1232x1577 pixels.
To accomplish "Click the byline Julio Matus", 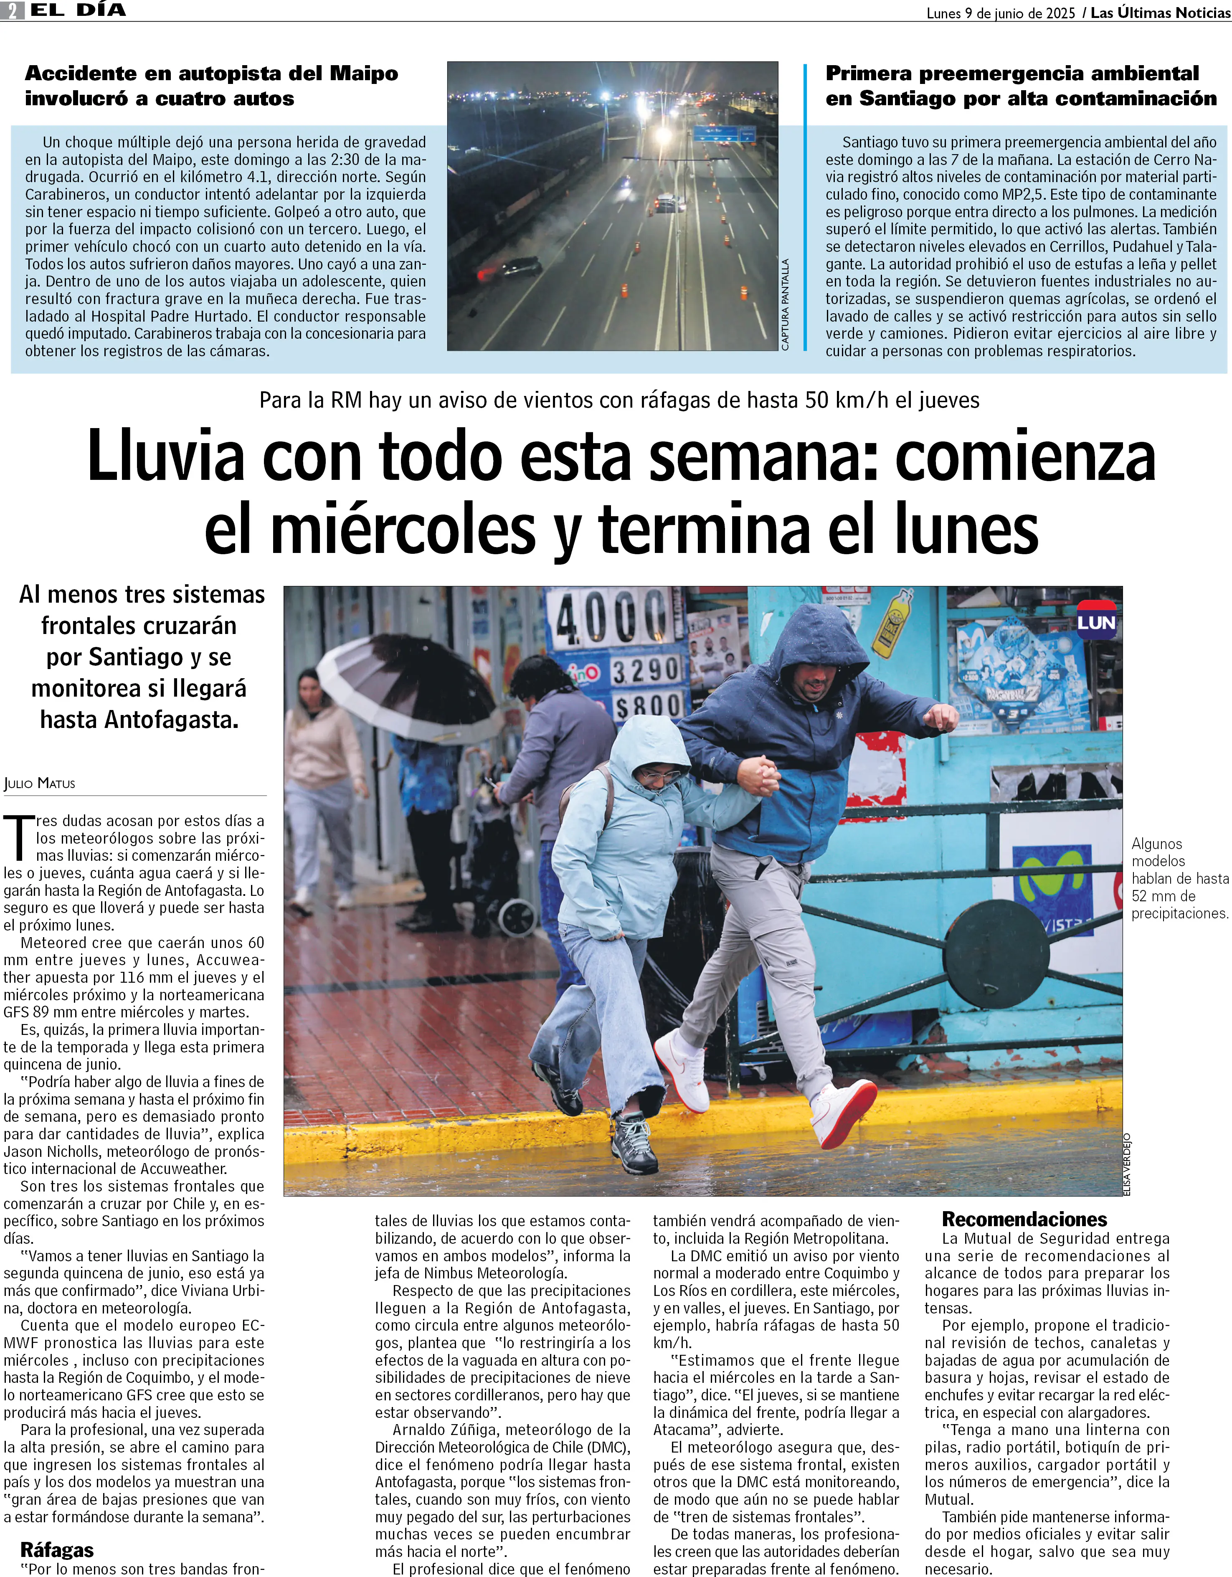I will (x=40, y=783).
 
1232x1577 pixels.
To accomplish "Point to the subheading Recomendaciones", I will (x=1024, y=1220).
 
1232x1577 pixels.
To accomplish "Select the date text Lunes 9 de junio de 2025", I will (x=1000, y=13).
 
